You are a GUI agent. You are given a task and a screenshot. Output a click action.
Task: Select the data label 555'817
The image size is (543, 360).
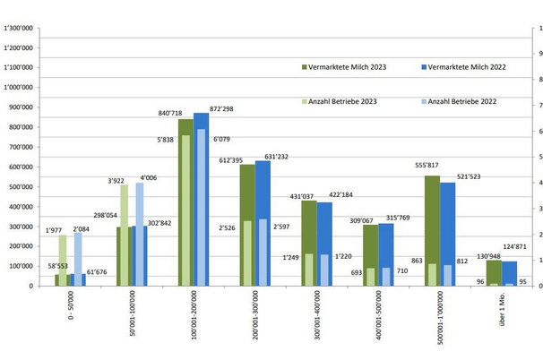(426, 166)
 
